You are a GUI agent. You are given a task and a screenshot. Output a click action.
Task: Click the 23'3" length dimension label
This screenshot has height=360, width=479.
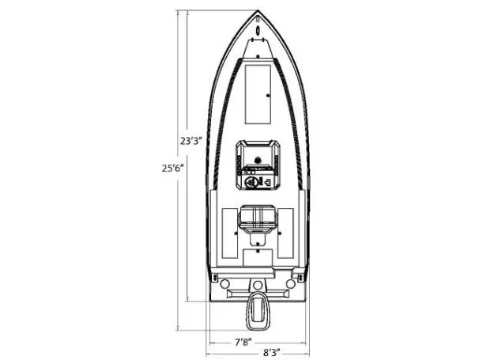[191, 141]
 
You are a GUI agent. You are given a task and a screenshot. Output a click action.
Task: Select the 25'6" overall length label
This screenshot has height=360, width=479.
[172, 168]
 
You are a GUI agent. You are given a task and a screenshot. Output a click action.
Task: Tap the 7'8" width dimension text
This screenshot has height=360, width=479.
[243, 342]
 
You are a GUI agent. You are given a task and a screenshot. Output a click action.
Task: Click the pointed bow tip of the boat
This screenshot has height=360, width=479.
[258, 12]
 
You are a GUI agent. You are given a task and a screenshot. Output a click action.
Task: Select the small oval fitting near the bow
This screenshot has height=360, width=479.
[258, 32]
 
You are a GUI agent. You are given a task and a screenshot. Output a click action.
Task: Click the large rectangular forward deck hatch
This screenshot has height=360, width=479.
[258, 93]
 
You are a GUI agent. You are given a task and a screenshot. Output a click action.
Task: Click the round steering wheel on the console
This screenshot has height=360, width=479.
[252, 183]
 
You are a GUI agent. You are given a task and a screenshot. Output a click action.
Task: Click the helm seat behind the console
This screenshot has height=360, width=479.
[258, 215]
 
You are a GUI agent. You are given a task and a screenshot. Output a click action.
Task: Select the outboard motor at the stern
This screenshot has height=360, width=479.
[258, 313]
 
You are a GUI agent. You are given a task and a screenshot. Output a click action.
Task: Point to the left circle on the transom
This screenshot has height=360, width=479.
[226, 282]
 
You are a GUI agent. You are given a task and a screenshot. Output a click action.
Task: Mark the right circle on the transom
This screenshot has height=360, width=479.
[290, 282]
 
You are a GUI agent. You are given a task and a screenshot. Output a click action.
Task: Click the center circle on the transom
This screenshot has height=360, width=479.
[258, 282]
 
